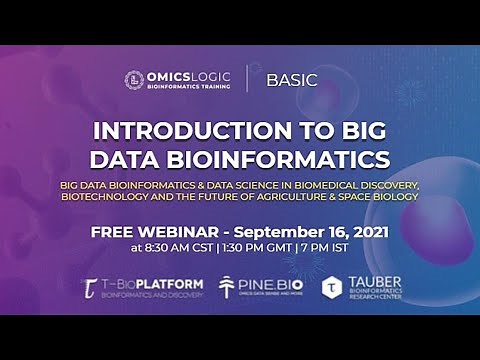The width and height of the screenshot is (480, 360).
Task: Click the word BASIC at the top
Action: pos(292,80)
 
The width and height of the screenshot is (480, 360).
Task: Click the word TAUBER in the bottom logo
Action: pos(376,282)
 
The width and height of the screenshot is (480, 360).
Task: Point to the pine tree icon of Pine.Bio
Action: pos(227,288)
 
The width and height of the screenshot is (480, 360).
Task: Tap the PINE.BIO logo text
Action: pos(267,285)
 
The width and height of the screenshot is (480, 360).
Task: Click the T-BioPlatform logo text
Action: pos(155,284)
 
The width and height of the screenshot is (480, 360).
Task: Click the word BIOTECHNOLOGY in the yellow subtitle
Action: pos(115,196)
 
